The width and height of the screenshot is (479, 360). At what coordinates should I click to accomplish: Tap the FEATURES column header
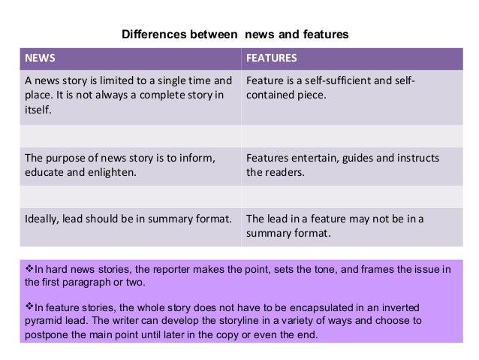(x=271, y=58)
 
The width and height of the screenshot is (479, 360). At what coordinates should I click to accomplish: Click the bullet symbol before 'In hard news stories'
(x=29, y=268)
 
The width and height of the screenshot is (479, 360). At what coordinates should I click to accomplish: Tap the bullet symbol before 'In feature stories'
(x=29, y=306)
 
